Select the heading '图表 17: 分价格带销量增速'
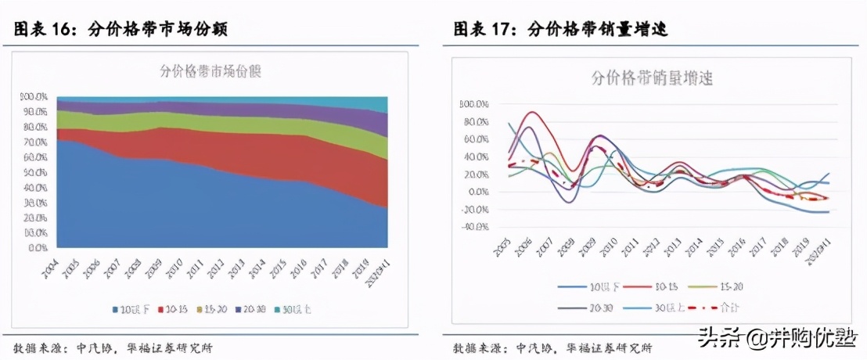point(560,30)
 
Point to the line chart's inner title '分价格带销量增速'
point(651,78)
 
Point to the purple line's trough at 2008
point(570,202)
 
